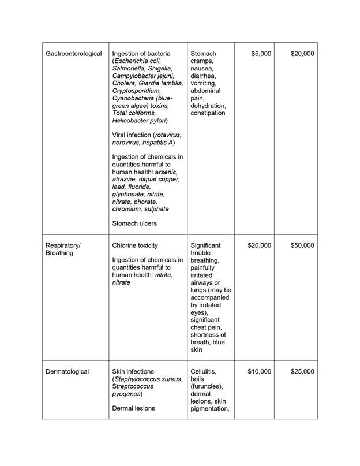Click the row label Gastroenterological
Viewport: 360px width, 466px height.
(x=74, y=54)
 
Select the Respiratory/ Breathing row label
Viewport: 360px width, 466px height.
(x=63, y=249)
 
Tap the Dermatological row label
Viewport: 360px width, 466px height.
(x=67, y=371)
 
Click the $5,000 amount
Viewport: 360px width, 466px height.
(x=261, y=54)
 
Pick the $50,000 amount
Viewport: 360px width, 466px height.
(x=302, y=245)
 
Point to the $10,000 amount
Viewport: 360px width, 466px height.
(x=259, y=371)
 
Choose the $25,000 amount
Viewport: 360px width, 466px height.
(x=302, y=371)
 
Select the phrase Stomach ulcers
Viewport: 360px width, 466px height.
(x=134, y=223)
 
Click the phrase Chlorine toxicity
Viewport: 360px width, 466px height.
(x=135, y=245)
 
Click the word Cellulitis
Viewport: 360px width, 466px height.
(x=205, y=371)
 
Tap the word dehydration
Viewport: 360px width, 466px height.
(x=208, y=106)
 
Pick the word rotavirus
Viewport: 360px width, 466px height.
(x=168, y=135)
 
